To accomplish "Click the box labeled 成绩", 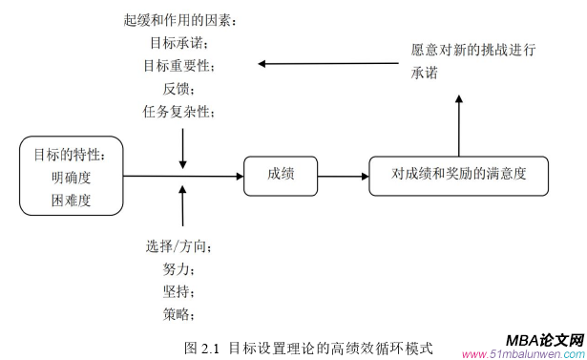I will [x=281, y=174].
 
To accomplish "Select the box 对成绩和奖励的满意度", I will [x=458, y=175].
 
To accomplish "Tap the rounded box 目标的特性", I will [x=72, y=176].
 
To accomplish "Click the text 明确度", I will [x=72, y=178].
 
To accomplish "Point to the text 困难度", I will [x=72, y=201].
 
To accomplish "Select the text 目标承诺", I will [x=178, y=43].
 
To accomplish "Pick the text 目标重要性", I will [x=179, y=66].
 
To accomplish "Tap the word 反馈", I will [x=178, y=89].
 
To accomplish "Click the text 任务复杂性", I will [x=179, y=112].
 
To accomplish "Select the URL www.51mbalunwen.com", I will [x=521, y=353].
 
